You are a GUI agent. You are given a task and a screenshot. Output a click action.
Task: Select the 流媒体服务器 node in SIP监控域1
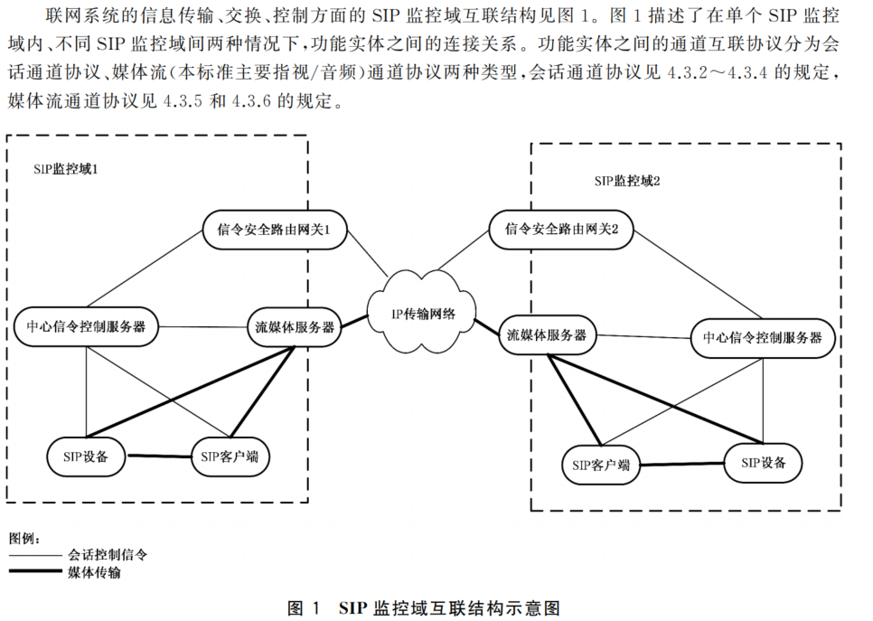click(296, 327)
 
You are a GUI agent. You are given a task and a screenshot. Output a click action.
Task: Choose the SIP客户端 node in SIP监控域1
click(230, 456)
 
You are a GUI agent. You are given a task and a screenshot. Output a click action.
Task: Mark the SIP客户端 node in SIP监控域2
click(600, 466)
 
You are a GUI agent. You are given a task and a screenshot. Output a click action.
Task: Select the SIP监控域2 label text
click(627, 181)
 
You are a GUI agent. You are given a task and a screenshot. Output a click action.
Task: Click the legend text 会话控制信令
click(107, 555)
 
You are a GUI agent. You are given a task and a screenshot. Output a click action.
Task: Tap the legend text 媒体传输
click(94, 572)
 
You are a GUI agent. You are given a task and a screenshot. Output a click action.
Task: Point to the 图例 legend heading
click(24, 539)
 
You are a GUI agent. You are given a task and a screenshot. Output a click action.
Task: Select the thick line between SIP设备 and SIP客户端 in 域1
click(157, 456)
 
